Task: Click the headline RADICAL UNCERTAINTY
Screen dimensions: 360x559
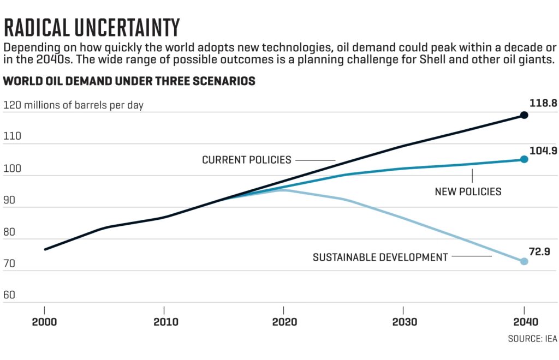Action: (92, 27)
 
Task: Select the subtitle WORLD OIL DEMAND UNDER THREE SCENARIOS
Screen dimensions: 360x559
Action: (129, 81)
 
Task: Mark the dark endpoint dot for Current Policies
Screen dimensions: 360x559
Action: (524, 115)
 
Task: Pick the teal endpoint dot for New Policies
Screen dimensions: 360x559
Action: (524, 159)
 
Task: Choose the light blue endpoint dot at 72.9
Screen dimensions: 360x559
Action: (524, 261)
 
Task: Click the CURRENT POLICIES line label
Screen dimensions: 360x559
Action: (247, 160)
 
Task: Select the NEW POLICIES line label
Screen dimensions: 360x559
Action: (468, 191)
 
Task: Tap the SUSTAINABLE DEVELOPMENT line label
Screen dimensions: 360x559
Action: (380, 257)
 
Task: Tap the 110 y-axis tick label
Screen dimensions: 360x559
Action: (11, 137)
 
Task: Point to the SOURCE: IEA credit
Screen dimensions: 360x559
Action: (532, 339)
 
